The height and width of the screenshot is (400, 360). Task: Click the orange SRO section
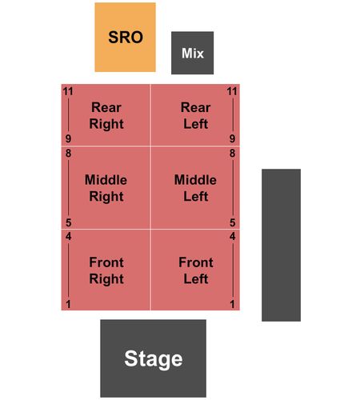pos(125,37)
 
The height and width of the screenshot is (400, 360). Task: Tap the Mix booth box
pos(192,53)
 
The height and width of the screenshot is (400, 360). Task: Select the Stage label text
pos(154,359)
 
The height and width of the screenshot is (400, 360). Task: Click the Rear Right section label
pos(106,115)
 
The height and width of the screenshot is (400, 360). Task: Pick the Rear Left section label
pos(196,115)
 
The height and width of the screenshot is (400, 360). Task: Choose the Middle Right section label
pos(106,188)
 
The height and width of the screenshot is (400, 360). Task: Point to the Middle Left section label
pos(195,188)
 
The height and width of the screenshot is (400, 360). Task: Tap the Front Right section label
pos(106,270)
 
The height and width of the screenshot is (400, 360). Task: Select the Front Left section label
pos(196,270)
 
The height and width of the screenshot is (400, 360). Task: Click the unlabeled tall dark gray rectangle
pos(281,245)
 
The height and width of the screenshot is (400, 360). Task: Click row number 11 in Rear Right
pos(68,91)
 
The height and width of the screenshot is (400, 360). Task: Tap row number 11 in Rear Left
pos(232,91)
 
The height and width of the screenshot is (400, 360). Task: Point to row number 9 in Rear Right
pos(68,138)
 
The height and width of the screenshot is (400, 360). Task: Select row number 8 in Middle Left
pos(232,154)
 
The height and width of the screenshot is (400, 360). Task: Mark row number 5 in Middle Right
pos(68,222)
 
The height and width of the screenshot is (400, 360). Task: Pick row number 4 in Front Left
pos(232,237)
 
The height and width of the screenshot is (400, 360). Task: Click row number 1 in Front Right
pos(68,304)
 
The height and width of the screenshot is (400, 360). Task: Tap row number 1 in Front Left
pos(232,304)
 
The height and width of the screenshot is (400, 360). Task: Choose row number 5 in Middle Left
pos(232,222)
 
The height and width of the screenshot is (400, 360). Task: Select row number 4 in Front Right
pos(68,237)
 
